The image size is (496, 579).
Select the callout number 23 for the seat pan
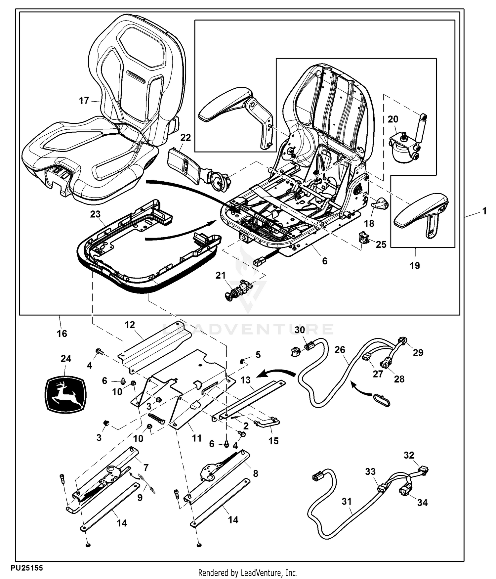(x=95, y=214)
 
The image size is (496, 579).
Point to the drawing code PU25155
(x=26, y=568)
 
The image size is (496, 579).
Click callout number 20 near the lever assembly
(x=393, y=119)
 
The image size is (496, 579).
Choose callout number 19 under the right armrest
(x=415, y=265)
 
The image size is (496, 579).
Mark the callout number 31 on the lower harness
(x=347, y=502)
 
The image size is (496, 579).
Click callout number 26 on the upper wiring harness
(x=340, y=350)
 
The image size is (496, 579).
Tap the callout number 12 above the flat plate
(x=130, y=325)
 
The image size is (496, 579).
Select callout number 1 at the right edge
(x=484, y=211)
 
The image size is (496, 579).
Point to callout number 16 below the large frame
(x=62, y=334)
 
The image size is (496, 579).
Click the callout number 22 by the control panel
(x=186, y=138)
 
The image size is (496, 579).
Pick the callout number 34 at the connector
(x=422, y=503)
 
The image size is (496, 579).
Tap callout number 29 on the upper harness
(x=418, y=353)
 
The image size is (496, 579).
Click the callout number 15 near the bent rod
(x=273, y=441)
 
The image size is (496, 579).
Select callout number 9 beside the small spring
(x=140, y=497)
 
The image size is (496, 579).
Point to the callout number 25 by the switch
(x=381, y=245)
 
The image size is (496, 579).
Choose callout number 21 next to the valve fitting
(x=221, y=275)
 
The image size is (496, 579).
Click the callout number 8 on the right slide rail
(x=256, y=473)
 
